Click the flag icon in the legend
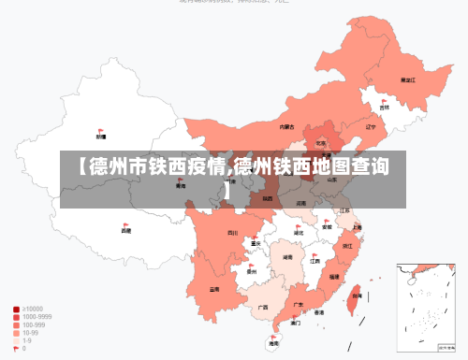[x=16, y=348]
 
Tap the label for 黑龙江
[x=407, y=80]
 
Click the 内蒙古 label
[x=287, y=127]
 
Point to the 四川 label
[x=232, y=233]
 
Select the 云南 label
[x=214, y=289]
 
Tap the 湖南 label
[x=288, y=255]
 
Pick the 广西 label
[x=263, y=307]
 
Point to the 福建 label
[x=334, y=277]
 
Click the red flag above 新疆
[x=101, y=131]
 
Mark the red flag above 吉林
[x=384, y=101]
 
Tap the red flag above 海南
[x=273, y=338]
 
